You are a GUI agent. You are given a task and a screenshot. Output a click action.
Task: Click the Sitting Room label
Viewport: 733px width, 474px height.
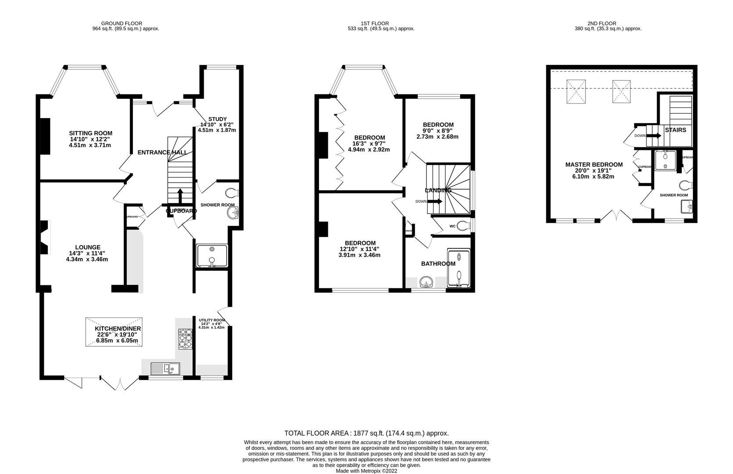[x=90, y=133]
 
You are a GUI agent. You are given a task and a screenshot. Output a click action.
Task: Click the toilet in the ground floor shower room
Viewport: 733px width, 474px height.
[x=231, y=193]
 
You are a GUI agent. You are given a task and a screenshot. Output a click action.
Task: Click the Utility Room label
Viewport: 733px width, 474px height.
[x=212, y=320]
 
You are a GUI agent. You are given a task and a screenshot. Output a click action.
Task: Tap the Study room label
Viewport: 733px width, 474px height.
[x=217, y=119]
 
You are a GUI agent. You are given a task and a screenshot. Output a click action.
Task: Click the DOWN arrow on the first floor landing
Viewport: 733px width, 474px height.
[x=435, y=201]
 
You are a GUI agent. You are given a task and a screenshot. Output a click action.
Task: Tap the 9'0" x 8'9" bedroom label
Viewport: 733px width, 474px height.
[x=438, y=125]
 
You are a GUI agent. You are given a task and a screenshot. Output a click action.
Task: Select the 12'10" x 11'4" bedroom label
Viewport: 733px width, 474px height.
[x=360, y=243]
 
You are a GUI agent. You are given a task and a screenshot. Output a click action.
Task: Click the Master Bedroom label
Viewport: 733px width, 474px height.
[x=594, y=165]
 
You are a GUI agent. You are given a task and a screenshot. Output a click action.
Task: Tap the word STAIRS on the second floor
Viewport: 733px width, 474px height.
[x=676, y=130]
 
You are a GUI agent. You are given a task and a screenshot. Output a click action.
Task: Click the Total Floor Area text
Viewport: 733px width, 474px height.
[x=366, y=433]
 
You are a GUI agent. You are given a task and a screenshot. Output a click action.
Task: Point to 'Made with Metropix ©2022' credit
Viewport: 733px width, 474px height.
[x=366, y=470]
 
